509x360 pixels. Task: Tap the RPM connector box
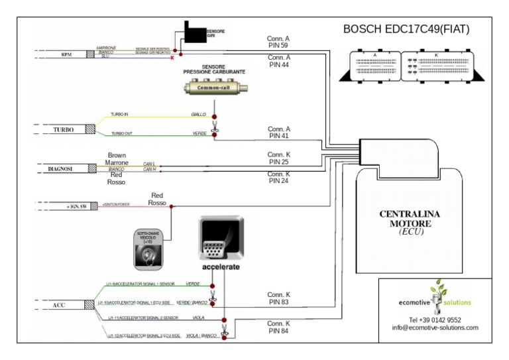pyautogui.click(x=66, y=54)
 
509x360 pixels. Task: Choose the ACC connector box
pyautogui.click(x=59, y=305)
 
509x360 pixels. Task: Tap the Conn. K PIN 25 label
pyautogui.click(x=279, y=158)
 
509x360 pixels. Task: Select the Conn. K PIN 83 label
pyautogui.click(x=279, y=298)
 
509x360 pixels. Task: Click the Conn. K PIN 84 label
pyautogui.click(x=279, y=327)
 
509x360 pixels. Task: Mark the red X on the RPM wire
pyautogui.click(x=173, y=58)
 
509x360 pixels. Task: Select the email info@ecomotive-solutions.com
pyautogui.click(x=435, y=328)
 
